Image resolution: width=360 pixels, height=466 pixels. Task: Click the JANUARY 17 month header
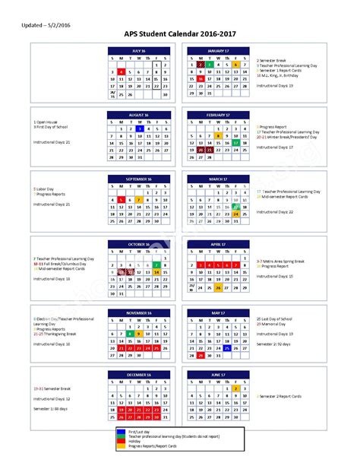tap(218, 50)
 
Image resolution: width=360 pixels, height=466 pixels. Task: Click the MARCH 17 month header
tap(218, 179)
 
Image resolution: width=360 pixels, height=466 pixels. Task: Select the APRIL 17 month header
tap(218, 245)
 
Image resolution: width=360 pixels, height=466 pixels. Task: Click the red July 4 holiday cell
tap(122, 71)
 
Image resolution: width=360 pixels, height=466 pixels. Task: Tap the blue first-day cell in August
tap(140, 129)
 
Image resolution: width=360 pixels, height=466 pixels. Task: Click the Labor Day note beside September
tap(44, 189)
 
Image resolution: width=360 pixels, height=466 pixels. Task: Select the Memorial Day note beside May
tap(275, 324)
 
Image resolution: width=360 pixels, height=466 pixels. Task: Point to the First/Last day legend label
tap(160, 430)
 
